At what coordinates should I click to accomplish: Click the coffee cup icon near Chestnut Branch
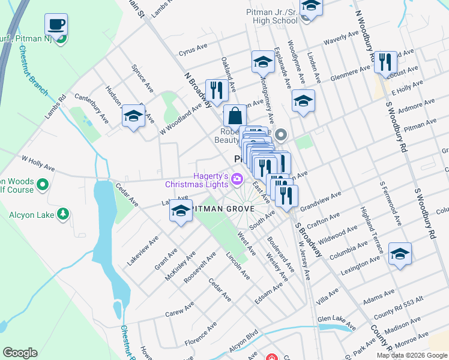pyautogui.click(x=56, y=25)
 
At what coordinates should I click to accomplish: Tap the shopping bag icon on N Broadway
pyautogui.click(x=235, y=115)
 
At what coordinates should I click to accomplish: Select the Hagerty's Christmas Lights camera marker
pyautogui.click(x=237, y=179)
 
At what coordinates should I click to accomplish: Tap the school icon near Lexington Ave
pyautogui.click(x=400, y=253)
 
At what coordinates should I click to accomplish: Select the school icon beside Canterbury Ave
pyautogui.click(x=133, y=116)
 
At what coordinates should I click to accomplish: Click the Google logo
pyautogui.click(x=20, y=352)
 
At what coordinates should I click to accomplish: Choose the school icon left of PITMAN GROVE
pyautogui.click(x=181, y=211)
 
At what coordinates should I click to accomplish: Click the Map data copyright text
pyautogui.click(x=412, y=355)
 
